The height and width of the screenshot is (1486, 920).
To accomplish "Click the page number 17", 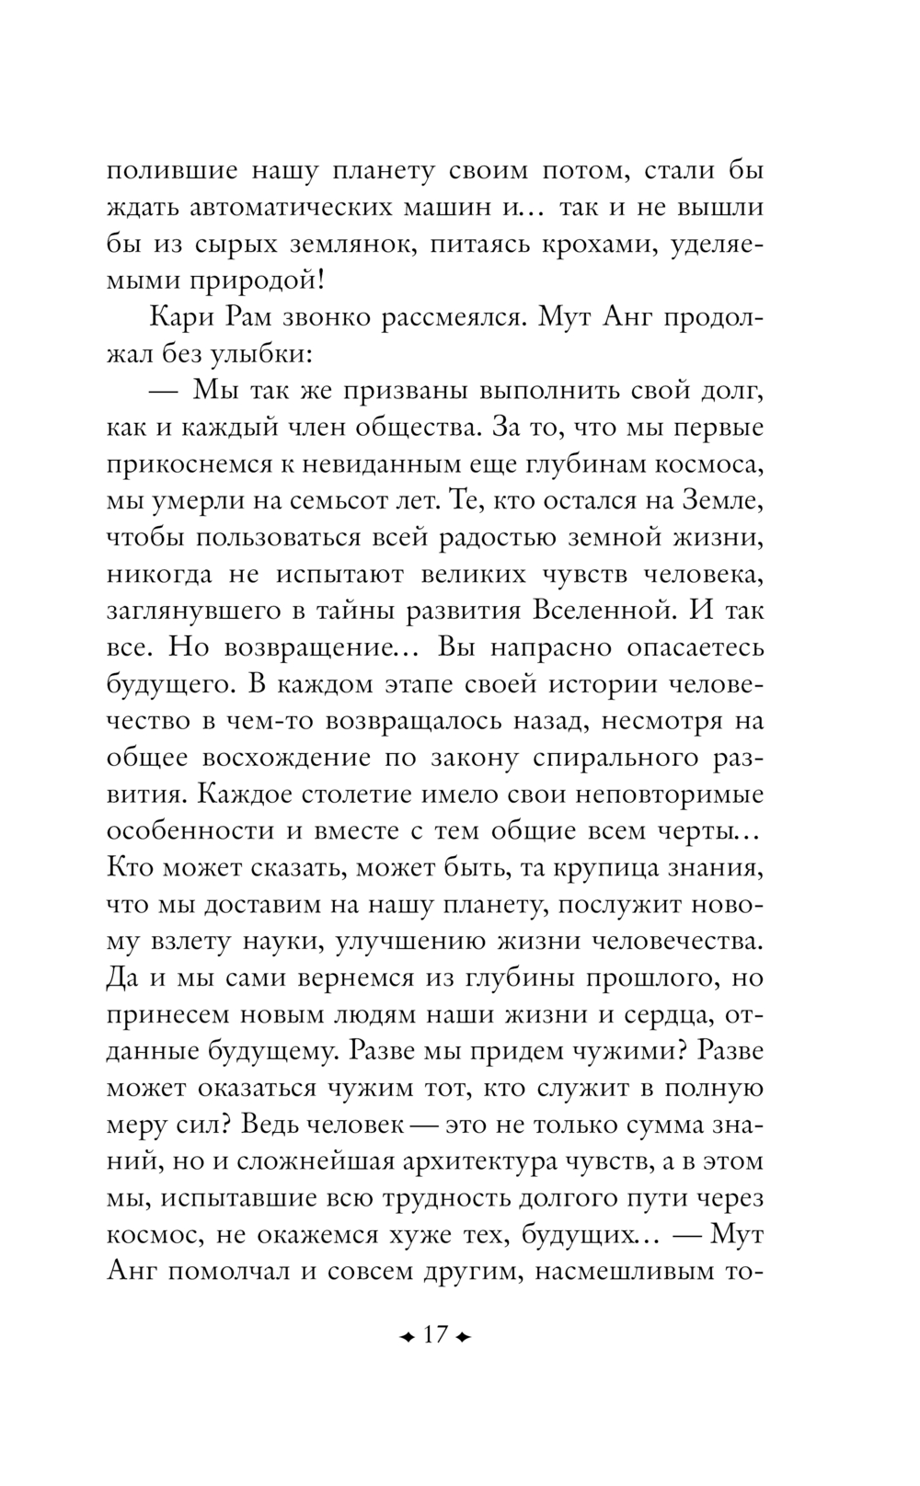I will (x=434, y=1333).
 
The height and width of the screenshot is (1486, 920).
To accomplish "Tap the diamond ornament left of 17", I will (x=404, y=1335).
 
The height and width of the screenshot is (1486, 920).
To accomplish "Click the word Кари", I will (x=178, y=318).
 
